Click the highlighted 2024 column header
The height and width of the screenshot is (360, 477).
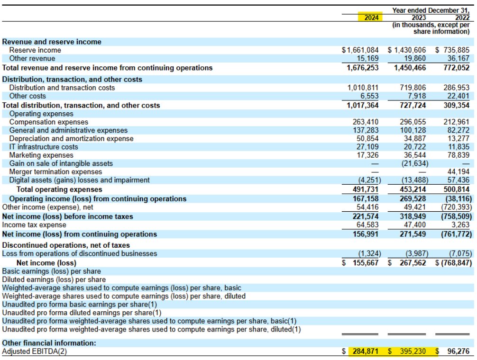point(371,18)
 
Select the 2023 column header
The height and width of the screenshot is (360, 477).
point(419,18)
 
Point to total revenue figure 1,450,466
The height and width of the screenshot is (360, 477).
point(410,67)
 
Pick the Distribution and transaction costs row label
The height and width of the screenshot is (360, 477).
point(62,88)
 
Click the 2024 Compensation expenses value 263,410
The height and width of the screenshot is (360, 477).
point(366,122)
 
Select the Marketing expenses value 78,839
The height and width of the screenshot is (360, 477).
point(458,155)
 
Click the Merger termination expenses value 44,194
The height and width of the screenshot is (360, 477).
point(458,171)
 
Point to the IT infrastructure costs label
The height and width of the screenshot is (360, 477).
point(44,147)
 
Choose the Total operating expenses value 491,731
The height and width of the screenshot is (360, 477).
point(366,189)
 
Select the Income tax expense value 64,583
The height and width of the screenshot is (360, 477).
point(367,225)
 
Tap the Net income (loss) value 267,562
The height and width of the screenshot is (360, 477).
point(413,263)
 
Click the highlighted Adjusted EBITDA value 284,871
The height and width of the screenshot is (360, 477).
point(366,351)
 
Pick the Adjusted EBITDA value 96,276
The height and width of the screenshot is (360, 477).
point(458,351)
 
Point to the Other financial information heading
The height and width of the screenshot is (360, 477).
point(49,342)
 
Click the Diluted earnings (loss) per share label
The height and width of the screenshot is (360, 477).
point(54,279)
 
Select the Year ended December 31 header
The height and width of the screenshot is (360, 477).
point(431,10)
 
